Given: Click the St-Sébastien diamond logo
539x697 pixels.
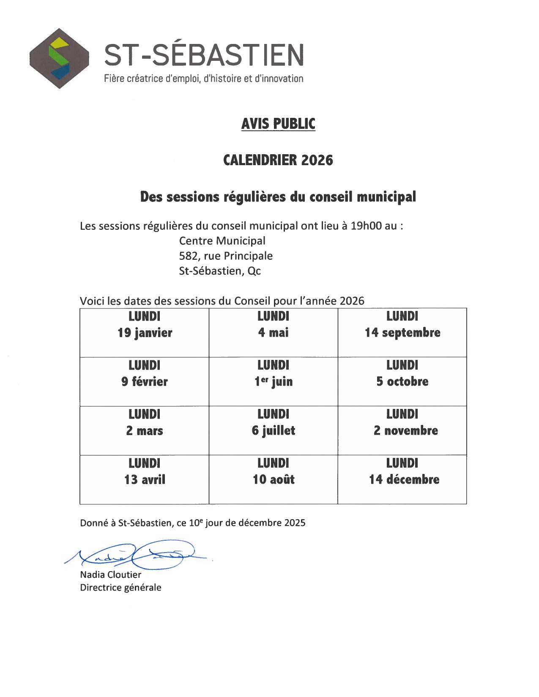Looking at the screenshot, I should click(59, 58).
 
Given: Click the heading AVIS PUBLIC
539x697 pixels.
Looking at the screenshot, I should click(278, 124).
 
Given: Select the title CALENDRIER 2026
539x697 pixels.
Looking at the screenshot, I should click(278, 160).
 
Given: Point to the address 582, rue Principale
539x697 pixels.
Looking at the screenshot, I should click(226, 256).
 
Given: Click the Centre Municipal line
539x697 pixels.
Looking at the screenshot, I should click(222, 241).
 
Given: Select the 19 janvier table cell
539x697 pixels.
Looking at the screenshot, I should click(145, 333).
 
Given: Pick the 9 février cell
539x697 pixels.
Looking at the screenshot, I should click(145, 382).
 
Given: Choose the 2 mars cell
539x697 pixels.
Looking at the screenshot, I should click(145, 431).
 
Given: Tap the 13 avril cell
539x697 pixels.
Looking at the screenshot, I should click(145, 480).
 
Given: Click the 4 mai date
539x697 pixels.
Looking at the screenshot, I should click(274, 333).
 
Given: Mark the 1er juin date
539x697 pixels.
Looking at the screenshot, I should click(274, 382).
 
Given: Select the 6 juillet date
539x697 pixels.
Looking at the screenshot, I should click(274, 431).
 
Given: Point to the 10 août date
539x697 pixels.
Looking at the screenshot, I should click(274, 480).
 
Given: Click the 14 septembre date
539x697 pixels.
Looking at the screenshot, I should click(402, 333).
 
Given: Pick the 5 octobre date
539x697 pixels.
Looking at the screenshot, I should click(402, 382).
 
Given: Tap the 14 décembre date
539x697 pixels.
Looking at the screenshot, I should click(404, 480).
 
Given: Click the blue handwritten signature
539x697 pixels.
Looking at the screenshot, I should click(140, 555).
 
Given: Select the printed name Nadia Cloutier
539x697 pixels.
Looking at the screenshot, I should click(111, 575).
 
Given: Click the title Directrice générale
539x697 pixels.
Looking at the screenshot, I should click(121, 588).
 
